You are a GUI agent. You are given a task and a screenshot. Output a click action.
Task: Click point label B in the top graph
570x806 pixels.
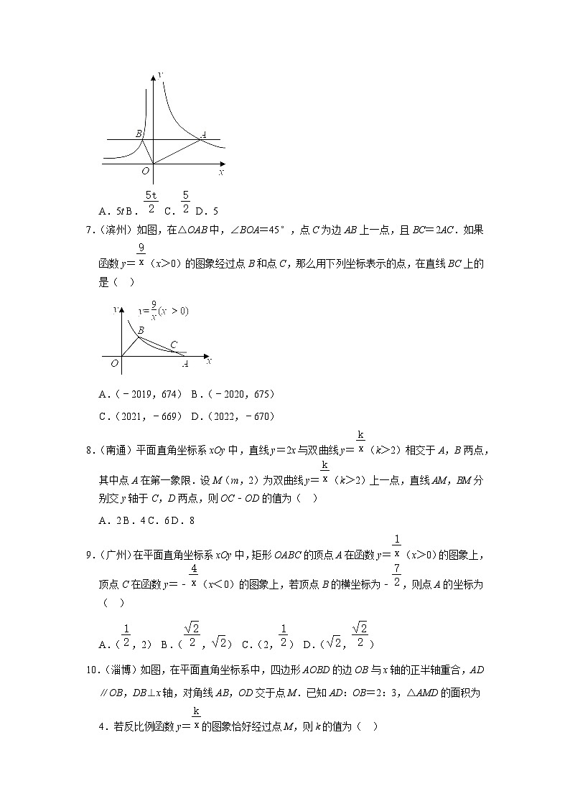pyautogui.click(x=139, y=134)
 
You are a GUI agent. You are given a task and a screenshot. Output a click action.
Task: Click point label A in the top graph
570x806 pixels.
pyautogui.click(x=204, y=134)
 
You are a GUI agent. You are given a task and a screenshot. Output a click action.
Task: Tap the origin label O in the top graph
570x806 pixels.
pyautogui.click(x=145, y=171)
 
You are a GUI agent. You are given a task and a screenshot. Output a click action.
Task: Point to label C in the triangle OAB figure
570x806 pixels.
pyautogui.click(x=174, y=345)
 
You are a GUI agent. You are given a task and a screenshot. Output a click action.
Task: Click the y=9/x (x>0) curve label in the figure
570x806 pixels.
pyautogui.click(x=164, y=312)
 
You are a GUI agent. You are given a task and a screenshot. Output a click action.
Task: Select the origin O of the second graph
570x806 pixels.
pyautogui.click(x=114, y=364)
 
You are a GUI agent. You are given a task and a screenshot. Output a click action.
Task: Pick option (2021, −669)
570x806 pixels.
pyautogui.click(x=144, y=416)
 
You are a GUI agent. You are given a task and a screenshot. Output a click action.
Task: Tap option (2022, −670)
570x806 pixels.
pyautogui.click(x=236, y=416)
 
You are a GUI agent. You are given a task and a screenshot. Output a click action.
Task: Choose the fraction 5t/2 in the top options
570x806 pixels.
pyautogui.click(x=151, y=202)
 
